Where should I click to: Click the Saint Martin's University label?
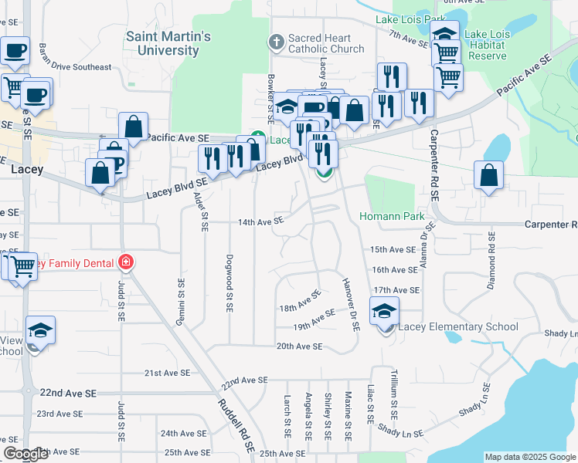(x=168, y=43)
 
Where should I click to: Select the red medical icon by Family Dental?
(x=125, y=263)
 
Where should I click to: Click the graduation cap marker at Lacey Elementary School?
(x=384, y=311)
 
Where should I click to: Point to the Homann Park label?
(x=392, y=216)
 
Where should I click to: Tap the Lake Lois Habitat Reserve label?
(x=486, y=45)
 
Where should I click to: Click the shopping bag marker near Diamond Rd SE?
(x=489, y=176)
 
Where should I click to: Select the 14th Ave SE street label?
(x=260, y=221)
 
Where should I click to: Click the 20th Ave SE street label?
(x=299, y=346)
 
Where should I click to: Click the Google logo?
(x=26, y=454)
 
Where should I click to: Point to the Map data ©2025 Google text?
(x=529, y=457)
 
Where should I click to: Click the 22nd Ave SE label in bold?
(x=69, y=393)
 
